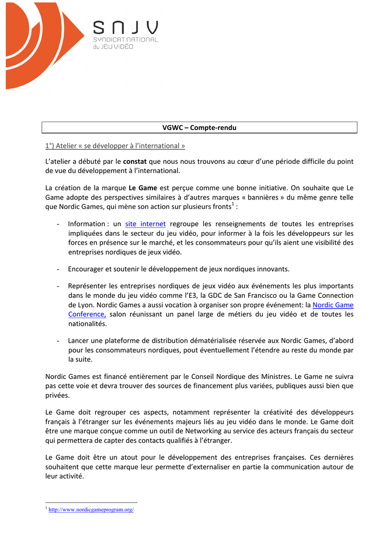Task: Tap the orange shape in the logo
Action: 37,42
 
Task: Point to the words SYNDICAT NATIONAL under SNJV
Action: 125,40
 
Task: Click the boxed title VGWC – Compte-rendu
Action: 199,128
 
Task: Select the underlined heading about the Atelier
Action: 115,145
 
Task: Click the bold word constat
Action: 135,161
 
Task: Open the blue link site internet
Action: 146,224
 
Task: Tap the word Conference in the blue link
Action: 87,314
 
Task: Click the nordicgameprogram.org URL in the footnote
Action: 91,510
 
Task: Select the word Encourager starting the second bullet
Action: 86,269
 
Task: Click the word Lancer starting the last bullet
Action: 79,341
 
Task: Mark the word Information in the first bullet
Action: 87,224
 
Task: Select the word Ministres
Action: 273,376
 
